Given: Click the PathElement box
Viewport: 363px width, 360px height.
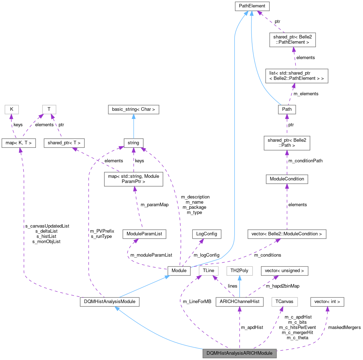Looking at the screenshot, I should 252,6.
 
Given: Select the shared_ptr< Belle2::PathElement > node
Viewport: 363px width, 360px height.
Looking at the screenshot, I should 292,39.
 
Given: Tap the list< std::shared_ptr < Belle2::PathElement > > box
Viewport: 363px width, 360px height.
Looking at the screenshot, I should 296,76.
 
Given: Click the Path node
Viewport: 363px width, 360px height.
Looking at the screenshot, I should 287,109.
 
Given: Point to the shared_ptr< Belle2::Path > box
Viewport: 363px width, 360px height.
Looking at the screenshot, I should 287,143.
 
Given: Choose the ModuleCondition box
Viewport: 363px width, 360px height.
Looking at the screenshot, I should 287,179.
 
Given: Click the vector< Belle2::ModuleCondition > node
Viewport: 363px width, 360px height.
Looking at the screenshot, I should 287,234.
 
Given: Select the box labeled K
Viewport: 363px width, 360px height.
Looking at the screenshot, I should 12,109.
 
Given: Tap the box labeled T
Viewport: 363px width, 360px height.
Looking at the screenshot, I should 49,109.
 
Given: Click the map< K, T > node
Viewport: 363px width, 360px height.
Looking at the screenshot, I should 18,143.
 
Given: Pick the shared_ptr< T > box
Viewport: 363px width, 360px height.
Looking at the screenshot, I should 64,143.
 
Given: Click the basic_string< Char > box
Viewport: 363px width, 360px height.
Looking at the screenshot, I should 133,109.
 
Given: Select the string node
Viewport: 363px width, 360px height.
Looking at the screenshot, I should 133,143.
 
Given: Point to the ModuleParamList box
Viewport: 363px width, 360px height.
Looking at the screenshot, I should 144,234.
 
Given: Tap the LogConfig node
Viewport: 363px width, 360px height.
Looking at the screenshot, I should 207,234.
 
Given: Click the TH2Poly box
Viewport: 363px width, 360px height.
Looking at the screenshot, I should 239,271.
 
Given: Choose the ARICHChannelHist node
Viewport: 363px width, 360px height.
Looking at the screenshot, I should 239,302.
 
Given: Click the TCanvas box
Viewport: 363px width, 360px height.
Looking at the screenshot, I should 285,302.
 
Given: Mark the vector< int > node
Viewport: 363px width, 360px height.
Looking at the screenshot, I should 327,302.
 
